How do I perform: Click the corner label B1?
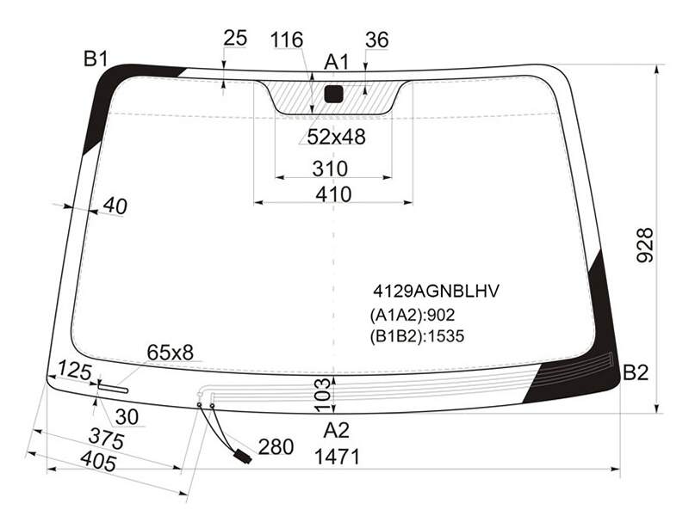[x=96, y=58]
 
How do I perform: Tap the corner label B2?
[x=636, y=372]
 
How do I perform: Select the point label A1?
[x=336, y=62]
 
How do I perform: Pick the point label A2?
[x=337, y=431]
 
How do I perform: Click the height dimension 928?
[x=645, y=245]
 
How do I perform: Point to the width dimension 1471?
[x=337, y=457]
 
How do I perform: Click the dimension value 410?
[x=333, y=194]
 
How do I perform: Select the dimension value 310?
[x=330, y=169]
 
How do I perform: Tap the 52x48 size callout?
[x=336, y=137]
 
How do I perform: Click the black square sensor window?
[x=333, y=94]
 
